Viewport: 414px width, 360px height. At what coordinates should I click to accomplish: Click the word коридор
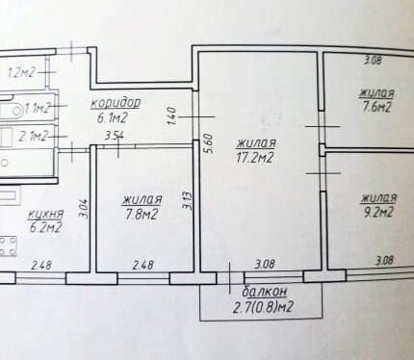click(x=116, y=103)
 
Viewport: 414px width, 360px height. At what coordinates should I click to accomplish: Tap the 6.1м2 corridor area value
click(x=113, y=118)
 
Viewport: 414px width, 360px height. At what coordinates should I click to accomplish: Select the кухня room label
click(x=45, y=214)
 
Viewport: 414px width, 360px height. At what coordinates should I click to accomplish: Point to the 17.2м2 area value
click(x=254, y=158)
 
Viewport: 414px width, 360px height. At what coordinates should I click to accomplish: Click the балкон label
click(x=264, y=292)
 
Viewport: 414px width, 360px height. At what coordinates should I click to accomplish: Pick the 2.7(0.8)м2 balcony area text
click(x=263, y=307)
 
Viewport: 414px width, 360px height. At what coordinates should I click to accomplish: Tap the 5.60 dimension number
click(x=208, y=143)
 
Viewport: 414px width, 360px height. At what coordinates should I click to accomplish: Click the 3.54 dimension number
click(x=115, y=136)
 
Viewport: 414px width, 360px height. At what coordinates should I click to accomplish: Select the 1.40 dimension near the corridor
click(x=172, y=116)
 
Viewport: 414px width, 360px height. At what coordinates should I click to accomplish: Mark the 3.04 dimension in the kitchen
click(x=83, y=209)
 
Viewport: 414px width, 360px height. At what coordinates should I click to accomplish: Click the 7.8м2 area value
click(x=142, y=214)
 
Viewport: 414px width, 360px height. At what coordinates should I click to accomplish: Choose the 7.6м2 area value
click(x=376, y=107)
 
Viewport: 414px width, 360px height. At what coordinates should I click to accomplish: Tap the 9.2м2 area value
click(x=377, y=212)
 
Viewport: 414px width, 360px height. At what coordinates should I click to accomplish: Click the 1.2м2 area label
click(x=21, y=73)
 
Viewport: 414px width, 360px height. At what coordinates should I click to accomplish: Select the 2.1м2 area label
click(x=33, y=137)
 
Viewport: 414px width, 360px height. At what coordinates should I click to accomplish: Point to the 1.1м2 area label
click(x=38, y=108)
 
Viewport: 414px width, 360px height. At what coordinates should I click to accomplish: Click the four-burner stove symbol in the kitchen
click(x=8, y=246)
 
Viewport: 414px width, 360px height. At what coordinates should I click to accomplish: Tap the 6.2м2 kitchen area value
click(x=45, y=227)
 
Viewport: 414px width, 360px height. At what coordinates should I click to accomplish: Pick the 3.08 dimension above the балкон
click(x=265, y=265)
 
